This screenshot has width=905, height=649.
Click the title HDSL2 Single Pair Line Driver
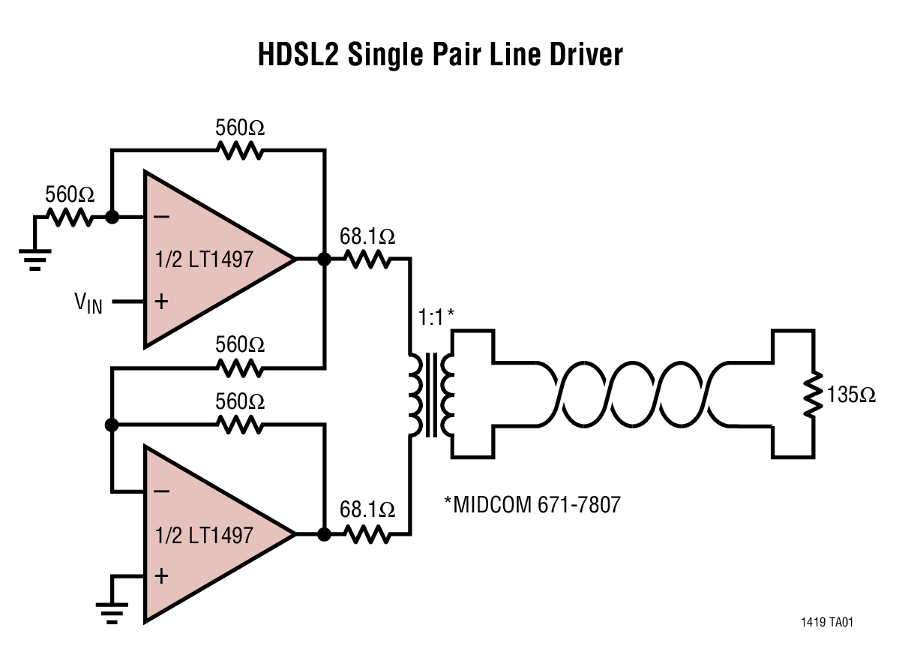coord(440,55)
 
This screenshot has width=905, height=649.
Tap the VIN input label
coord(88,304)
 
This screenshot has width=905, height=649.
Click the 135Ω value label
coord(851,395)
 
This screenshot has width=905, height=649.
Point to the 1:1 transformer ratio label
coord(431,317)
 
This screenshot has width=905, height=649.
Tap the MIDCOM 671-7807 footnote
coord(533,504)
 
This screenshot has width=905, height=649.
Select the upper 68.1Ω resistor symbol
coord(367,260)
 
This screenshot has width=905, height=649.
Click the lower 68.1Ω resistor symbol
coord(367,534)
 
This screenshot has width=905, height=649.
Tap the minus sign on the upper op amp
coord(161,218)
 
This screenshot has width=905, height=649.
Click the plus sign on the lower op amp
coord(161,575)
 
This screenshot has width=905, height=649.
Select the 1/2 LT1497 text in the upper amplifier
coord(204,260)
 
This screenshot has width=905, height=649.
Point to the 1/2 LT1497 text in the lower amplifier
coord(204,535)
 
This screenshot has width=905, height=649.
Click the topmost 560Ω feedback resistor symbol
coord(240,151)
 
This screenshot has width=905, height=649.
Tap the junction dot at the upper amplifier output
coord(324,260)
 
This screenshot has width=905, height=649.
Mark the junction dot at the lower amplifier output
coord(324,534)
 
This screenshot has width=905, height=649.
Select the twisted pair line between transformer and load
coord(634,394)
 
